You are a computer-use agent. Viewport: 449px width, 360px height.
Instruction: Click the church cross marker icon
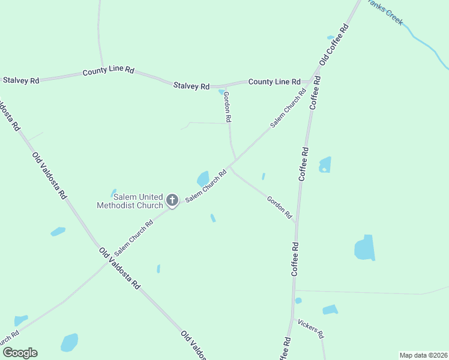point(172,200)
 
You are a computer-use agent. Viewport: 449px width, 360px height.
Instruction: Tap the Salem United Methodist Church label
point(130,201)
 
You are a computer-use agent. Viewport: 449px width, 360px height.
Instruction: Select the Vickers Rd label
point(311,328)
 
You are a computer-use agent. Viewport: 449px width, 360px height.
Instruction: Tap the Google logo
point(20,353)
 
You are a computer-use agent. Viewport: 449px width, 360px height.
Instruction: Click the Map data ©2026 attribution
point(423,355)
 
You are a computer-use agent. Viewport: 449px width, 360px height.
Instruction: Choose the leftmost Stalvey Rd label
point(21,80)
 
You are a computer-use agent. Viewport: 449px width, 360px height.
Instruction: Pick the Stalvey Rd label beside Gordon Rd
point(191,86)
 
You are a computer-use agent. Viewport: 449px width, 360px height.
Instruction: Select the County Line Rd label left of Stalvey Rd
point(108,71)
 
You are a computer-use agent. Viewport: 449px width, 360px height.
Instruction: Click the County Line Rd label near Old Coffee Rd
point(274,82)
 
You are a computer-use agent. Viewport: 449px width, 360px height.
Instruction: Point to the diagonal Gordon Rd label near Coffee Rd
point(279,206)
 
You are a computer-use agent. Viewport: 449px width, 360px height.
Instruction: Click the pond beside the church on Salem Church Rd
point(203,179)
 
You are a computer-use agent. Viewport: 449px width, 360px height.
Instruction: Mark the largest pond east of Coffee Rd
point(365,248)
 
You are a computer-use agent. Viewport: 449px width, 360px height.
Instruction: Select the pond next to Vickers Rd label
point(330,310)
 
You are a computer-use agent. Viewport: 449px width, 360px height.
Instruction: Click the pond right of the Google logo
point(70,343)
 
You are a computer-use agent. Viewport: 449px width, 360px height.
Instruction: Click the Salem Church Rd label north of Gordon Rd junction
point(288,108)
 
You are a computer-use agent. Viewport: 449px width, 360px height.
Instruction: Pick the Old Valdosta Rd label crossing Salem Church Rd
point(119,268)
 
